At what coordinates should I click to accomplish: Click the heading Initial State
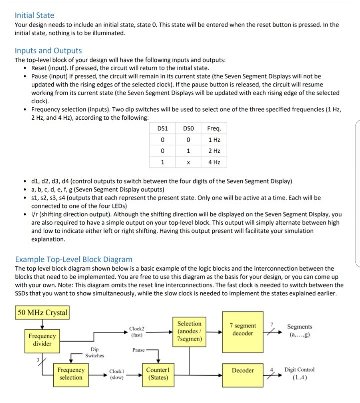click(x=34, y=15)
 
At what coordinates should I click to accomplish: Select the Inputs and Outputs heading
click(x=48, y=50)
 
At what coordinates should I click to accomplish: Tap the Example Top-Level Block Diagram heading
click(x=74, y=259)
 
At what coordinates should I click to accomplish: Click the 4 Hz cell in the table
click(x=213, y=162)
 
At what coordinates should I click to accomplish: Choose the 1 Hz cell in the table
click(x=213, y=139)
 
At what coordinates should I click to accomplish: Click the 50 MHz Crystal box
click(x=42, y=313)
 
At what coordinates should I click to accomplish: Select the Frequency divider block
click(x=42, y=340)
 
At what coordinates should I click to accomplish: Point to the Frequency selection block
click(x=71, y=374)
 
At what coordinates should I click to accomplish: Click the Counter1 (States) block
click(x=158, y=374)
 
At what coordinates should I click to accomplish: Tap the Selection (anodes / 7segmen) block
click(x=189, y=331)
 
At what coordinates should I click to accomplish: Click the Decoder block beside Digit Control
click(x=243, y=370)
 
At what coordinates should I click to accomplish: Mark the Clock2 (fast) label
click(x=136, y=332)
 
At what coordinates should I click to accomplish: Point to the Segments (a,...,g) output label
click(x=300, y=330)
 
